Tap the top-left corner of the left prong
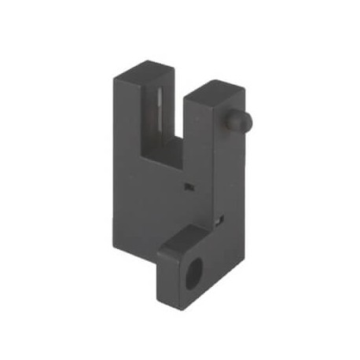(x=115, y=76)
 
